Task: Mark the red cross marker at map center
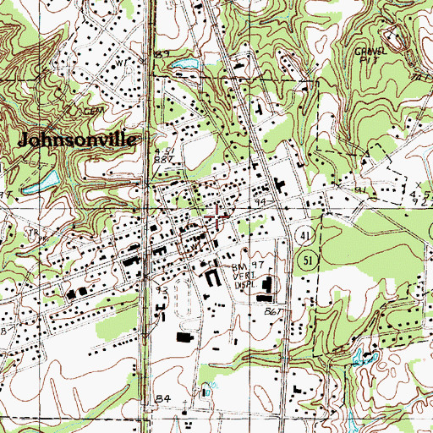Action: (216, 216)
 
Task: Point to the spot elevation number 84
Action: (162, 396)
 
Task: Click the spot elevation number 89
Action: (162, 54)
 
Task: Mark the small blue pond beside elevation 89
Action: (188, 64)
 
